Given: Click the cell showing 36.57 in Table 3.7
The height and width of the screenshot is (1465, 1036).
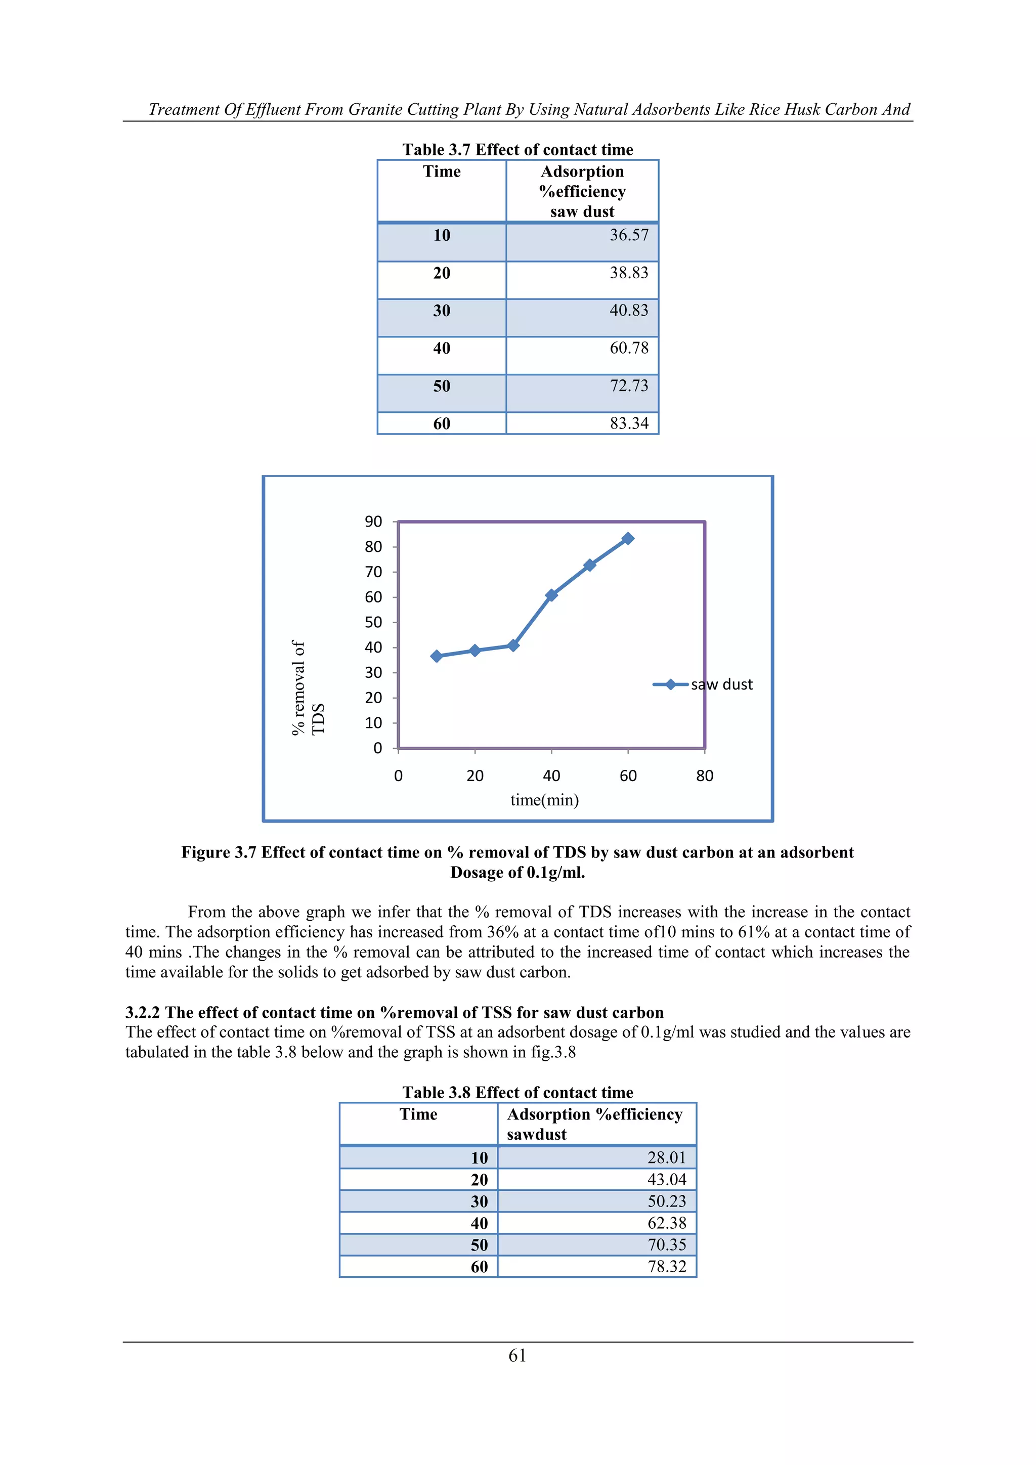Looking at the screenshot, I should tap(628, 235).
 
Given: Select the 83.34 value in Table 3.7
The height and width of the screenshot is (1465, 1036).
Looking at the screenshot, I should tap(628, 424).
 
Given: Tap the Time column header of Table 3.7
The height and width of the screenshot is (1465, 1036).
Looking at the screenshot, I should tap(442, 171).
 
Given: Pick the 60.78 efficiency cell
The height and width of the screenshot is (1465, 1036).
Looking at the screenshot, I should tap(628, 349).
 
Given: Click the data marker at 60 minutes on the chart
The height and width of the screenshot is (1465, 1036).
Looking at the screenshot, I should tap(628, 539).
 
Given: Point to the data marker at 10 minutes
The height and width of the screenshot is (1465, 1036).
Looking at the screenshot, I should tap(437, 656).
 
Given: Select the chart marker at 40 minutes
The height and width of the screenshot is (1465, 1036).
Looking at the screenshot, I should tap(551, 595).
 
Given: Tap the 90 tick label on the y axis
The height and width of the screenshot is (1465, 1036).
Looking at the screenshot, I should tap(373, 522).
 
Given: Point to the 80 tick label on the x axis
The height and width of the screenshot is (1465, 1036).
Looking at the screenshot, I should tap(704, 776).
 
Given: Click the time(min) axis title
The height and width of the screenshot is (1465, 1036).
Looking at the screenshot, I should tap(544, 800).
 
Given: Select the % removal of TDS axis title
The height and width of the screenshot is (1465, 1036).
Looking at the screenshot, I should tap(308, 688).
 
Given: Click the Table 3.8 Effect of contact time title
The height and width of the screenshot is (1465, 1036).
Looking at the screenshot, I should tap(517, 1092).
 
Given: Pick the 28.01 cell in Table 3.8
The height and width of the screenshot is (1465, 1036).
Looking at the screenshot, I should tap(666, 1158).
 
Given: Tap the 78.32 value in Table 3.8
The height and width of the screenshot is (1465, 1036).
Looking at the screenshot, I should tap(666, 1267).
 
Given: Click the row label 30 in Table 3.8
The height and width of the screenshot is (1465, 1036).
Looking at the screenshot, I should tap(479, 1201).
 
